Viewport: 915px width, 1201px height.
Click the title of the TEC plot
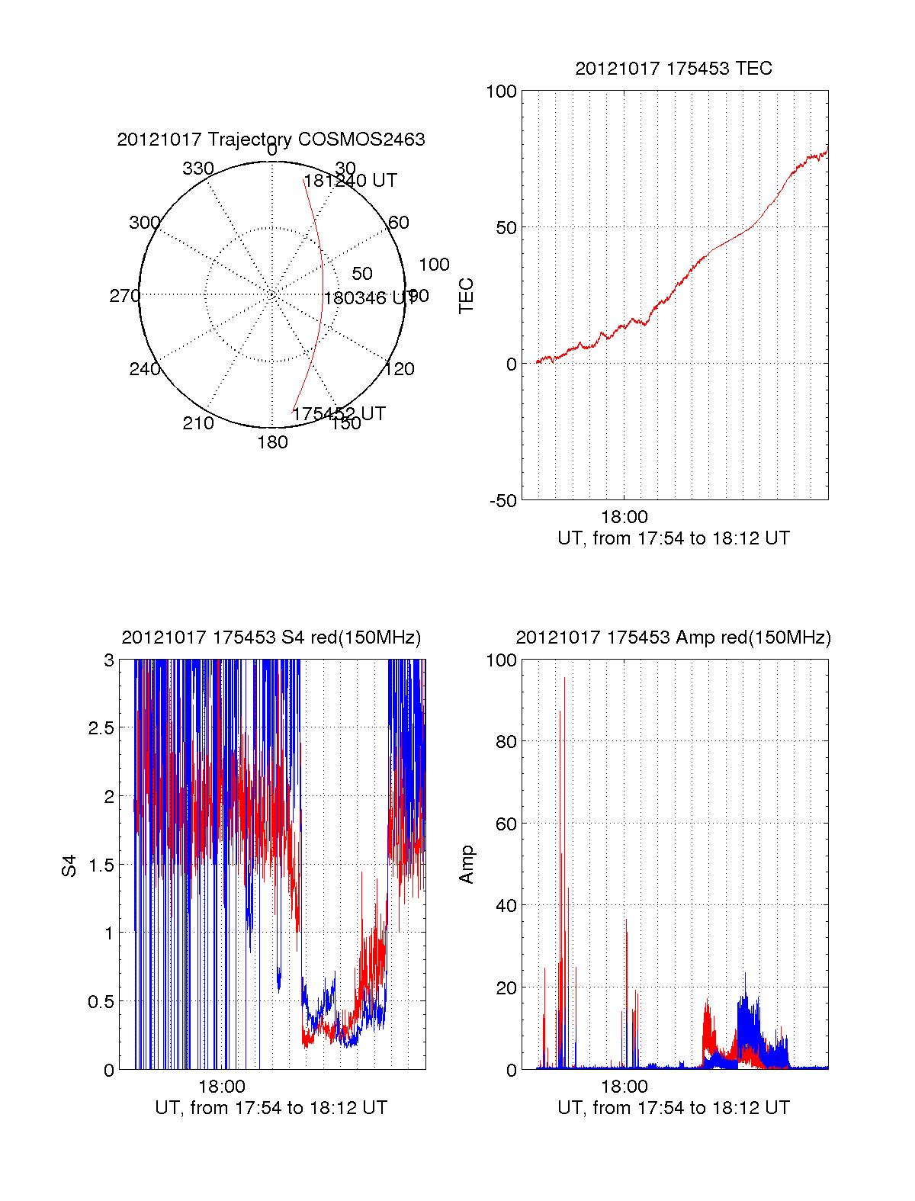[x=673, y=69]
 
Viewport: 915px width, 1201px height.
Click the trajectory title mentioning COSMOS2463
[x=271, y=140]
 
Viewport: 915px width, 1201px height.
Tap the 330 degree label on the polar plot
[x=198, y=169]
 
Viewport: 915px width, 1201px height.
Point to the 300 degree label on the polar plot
[x=144, y=223]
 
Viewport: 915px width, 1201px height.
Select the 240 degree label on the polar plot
[x=144, y=369]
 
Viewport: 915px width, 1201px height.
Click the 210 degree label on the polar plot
[x=198, y=423]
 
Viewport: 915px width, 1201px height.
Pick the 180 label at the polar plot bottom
[x=272, y=442]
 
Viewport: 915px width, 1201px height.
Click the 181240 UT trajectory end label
[x=350, y=181]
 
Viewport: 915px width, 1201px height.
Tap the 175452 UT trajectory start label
[x=339, y=414]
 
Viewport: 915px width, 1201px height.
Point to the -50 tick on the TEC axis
[x=502, y=501]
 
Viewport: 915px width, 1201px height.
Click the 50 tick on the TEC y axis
[x=506, y=228]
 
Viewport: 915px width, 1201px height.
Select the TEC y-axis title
[x=466, y=296]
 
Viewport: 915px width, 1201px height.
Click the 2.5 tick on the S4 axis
[x=101, y=728]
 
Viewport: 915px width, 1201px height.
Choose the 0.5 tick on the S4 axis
[x=101, y=1002]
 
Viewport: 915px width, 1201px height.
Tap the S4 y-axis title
[x=69, y=865]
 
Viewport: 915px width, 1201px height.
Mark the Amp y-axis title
[x=466, y=865]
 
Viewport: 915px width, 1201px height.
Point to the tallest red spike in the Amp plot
[x=564, y=679]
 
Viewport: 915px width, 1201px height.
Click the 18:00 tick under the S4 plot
[x=222, y=1087]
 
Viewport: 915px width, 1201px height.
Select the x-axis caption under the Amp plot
[x=673, y=1108]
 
